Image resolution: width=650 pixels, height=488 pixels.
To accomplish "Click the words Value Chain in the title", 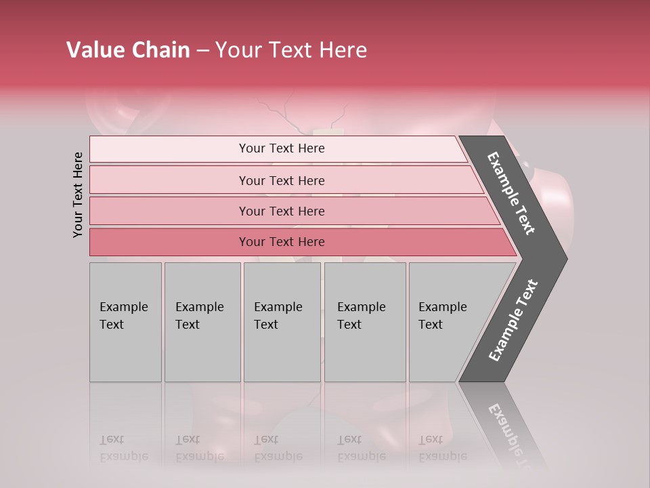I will [128, 50].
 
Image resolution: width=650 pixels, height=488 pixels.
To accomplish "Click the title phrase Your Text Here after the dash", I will [291, 50].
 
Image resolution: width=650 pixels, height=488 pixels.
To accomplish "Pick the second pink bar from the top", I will [282, 180].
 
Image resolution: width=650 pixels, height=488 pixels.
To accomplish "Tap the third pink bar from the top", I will [282, 211].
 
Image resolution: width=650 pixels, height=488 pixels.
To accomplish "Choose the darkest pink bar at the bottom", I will [282, 242].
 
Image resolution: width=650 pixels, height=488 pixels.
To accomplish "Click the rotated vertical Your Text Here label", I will [78, 195].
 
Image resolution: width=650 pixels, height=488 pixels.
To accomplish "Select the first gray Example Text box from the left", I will [125, 321].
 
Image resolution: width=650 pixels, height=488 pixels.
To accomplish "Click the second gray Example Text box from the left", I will [202, 321].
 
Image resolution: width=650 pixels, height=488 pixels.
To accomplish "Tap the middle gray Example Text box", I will [282, 321].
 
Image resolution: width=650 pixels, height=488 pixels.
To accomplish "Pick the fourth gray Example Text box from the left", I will [364, 321].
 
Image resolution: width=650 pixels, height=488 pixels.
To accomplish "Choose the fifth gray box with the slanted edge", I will [447, 321].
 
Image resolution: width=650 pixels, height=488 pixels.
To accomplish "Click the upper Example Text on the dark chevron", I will [511, 193].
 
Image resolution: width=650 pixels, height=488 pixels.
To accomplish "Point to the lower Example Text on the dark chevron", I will [513, 321].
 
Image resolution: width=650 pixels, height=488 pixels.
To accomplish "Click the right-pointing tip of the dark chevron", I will [565, 258].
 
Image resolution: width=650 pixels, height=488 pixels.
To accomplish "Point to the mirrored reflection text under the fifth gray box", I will [443, 449].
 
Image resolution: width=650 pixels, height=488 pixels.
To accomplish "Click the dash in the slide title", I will [202, 51].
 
